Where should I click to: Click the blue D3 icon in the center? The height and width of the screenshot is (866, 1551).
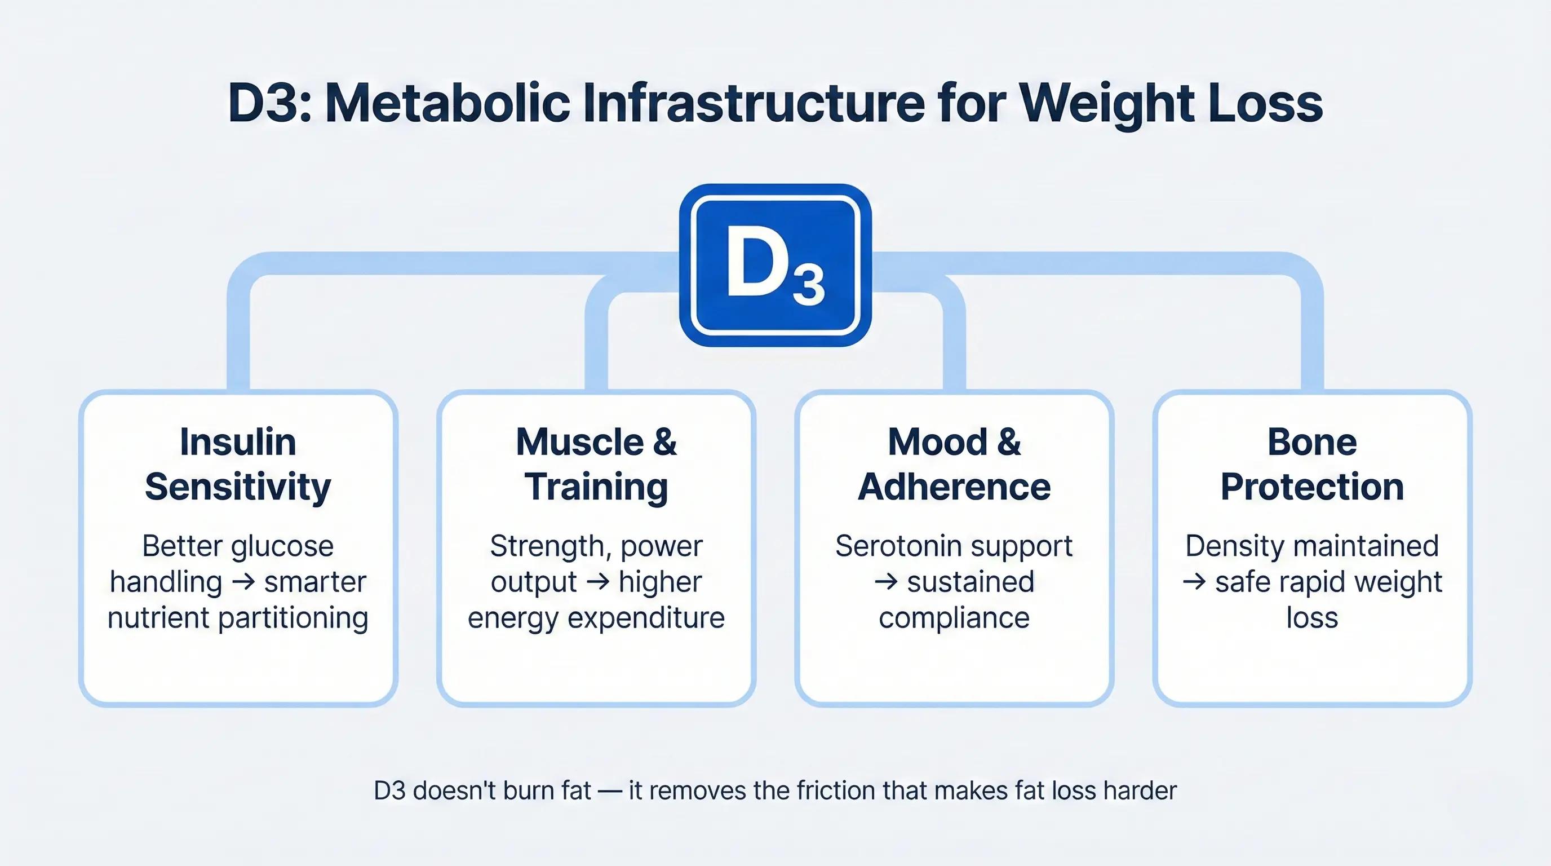[775, 265]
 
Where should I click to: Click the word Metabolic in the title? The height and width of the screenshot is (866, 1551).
[447, 104]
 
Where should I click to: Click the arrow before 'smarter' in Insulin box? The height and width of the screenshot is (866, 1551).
[243, 582]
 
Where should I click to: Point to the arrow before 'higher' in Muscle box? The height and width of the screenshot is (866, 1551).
[597, 582]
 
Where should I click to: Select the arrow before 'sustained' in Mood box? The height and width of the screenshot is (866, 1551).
[886, 582]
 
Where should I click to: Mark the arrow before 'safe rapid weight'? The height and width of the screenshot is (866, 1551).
[1194, 582]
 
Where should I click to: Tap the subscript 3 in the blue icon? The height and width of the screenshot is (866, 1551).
[808, 286]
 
